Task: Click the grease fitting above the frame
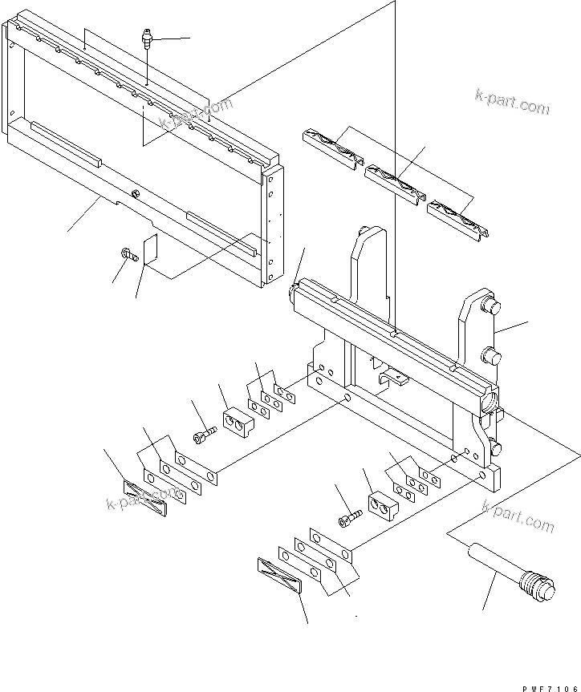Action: coord(147,38)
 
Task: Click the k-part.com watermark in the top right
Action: coord(512,102)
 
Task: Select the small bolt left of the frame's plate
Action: coord(129,254)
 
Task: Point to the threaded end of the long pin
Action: coord(538,586)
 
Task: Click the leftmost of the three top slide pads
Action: coord(333,149)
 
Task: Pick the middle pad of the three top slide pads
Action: coord(395,184)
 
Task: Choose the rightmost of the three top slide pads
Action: coord(457,221)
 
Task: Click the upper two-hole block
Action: coord(238,423)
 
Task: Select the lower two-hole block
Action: coord(383,506)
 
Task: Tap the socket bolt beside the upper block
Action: coord(205,435)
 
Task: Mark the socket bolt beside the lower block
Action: coord(350,519)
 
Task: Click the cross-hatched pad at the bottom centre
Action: coord(278,576)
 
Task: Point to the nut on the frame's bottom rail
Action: coord(136,193)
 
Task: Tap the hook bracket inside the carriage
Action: coord(393,378)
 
